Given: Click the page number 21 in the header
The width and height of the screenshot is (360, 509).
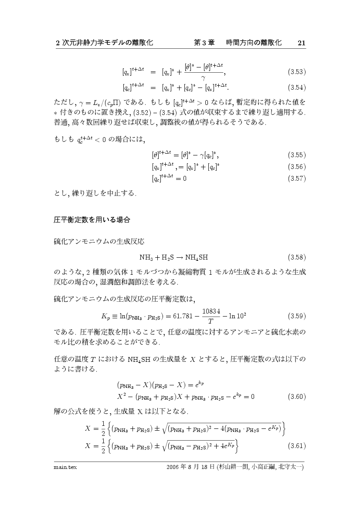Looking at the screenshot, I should click(x=302, y=43).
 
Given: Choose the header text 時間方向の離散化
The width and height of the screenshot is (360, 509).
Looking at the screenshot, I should click(x=254, y=43).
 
